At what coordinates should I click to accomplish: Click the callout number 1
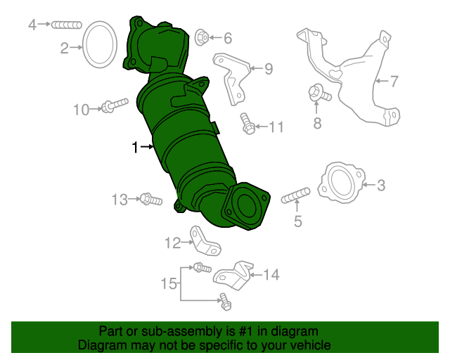tap(135, 147)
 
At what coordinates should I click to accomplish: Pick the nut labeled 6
tap(200, 36)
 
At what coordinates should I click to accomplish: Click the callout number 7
tap(394, 82)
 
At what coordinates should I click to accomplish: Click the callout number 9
tap(269, 69)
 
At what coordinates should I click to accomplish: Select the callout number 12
tap(173, 243)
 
